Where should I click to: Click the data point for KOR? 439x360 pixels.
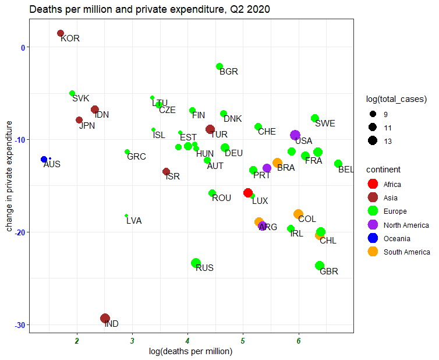[61, 34]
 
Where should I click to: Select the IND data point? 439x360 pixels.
[105, 318]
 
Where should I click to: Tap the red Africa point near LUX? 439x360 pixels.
[247, 193]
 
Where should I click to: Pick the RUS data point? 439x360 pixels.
[196, 263]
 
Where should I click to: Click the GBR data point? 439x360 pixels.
[319, 266]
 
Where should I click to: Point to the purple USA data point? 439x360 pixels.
[295, 135]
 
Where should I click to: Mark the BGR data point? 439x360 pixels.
[220, 66]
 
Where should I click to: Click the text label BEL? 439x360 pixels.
[346, 170]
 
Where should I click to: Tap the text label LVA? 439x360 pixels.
[134, 221]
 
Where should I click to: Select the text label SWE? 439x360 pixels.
[325, 123]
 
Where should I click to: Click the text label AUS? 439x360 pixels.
[52, 164]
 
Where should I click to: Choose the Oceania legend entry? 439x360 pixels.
[373, 238]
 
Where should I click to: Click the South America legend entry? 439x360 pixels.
[373, 252]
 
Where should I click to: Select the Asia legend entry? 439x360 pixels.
[373, 197]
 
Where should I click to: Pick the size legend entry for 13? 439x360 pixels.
[373, 140]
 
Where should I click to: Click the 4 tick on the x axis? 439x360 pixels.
[187, 341]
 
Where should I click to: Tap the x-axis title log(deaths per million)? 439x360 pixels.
[191, 351]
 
